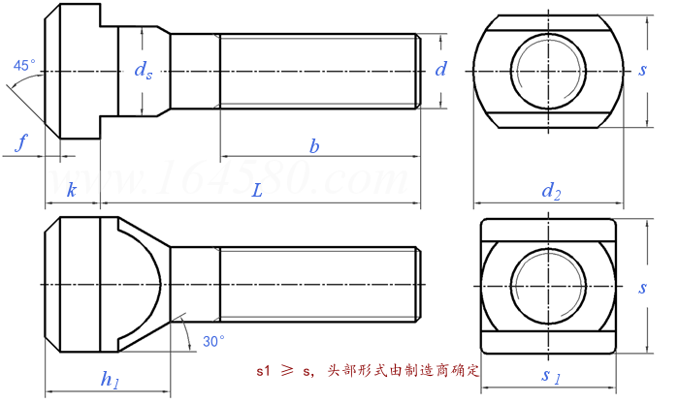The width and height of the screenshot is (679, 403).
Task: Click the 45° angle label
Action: [24, 66]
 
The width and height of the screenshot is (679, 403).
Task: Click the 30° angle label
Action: [212, 341]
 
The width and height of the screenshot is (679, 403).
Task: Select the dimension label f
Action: [21, 143]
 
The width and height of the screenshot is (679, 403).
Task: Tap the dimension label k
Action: [71, 191]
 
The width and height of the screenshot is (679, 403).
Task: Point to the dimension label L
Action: [257, 191]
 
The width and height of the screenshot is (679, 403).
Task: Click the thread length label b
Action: [313, 146]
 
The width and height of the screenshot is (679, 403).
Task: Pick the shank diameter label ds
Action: [143, 70]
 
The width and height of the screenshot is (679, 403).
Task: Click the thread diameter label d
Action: [440, 69]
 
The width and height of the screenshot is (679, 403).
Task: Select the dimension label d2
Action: [550, 192]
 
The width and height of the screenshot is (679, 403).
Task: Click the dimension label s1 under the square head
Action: [550, 375]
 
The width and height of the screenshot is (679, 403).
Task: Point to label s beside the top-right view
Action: [642, 70]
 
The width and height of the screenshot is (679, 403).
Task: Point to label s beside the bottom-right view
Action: [642, 288]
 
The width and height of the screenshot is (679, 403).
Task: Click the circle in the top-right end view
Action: [550, 71]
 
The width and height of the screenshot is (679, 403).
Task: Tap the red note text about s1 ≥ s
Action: [369, 370]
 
